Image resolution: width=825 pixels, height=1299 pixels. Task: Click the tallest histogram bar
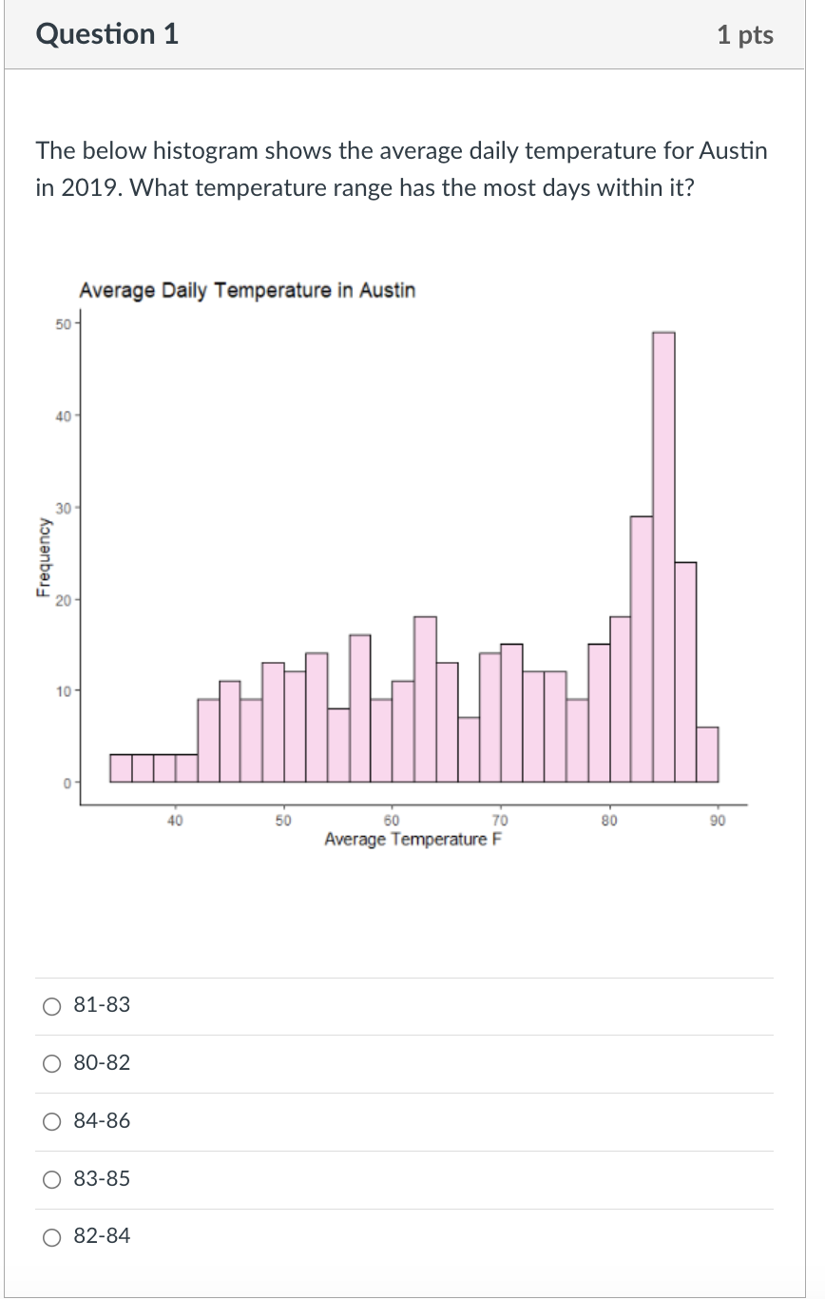(x=663, y=556)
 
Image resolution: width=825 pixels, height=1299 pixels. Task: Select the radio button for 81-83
(x=53, y=1005)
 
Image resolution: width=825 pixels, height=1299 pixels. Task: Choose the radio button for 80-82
(x=53, y=1063)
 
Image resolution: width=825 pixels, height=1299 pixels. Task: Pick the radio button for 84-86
(x=53, y=1121)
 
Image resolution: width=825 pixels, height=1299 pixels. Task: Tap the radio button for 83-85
(x=53, y=1179)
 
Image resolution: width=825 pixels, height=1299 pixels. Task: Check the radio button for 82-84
(x=53, y=1237)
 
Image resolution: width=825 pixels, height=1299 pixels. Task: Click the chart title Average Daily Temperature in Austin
(x=247, y=290)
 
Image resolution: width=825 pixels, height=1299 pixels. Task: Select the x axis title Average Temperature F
(x=412, y=840)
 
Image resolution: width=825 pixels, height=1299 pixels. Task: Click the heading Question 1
(x=106, y=34)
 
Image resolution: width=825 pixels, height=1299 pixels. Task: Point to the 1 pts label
(x=745, y=35)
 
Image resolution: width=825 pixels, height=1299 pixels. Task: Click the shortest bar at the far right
(x=707, y=754)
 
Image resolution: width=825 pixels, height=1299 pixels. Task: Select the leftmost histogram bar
(x=121, y=767)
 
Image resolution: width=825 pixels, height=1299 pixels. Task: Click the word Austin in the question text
(x=732, y=151)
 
